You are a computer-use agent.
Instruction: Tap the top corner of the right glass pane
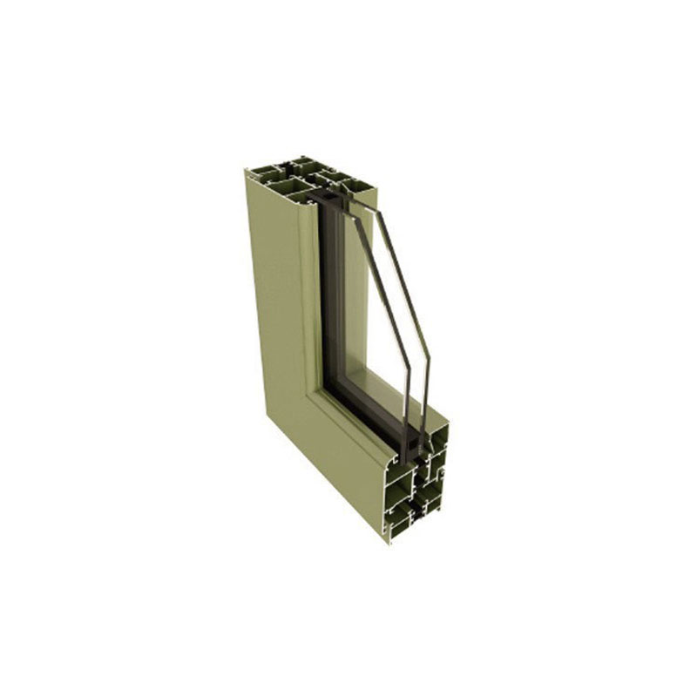tap(376, 208)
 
